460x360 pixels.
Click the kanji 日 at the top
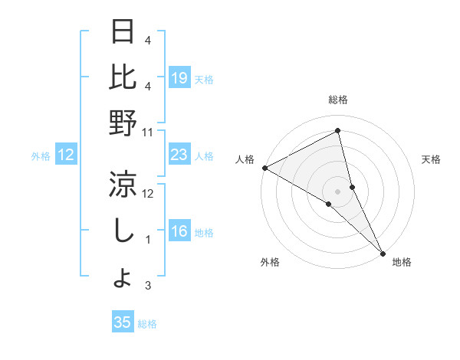[123, 32]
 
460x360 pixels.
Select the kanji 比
[123, 77]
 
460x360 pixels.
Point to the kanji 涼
[123, 185]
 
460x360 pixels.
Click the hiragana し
[123, 231]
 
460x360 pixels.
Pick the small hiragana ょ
[123, 279]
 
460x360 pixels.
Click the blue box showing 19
[179, 77]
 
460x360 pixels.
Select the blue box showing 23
[179, 155]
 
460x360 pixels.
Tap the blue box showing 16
[179, 231]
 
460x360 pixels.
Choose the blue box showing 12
[66, 155]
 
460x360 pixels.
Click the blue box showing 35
[123, 322]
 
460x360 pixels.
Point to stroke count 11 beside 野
[148, 132]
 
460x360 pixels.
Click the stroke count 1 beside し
[148, 240]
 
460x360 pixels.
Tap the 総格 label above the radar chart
[338, 100]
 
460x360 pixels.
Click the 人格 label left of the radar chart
[245, 159]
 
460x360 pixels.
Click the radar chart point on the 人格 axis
[264, 168]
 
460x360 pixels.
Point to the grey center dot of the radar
[337, 191]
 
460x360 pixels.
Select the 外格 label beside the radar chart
[270, 262]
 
